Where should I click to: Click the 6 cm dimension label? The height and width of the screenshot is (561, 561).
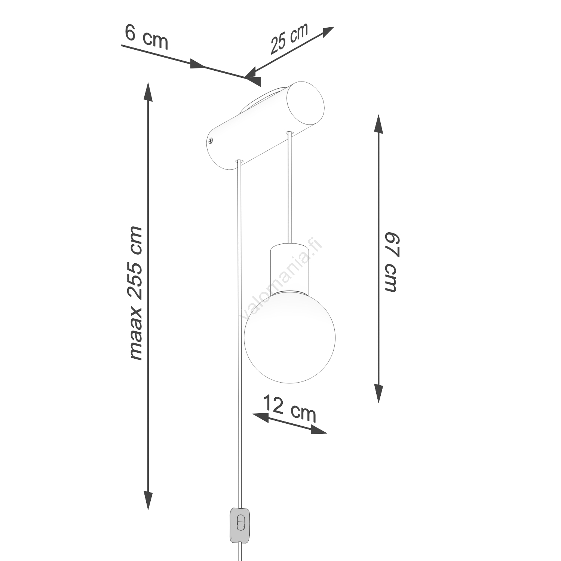pyautogui.click(x=146, y=38)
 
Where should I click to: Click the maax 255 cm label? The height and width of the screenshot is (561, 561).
pyautogui.click(x=135, y=293)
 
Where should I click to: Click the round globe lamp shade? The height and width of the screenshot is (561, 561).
pyautogui.click(x=290, y=337)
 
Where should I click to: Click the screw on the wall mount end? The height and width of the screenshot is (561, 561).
pyautogui.click(x=211, y=141)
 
